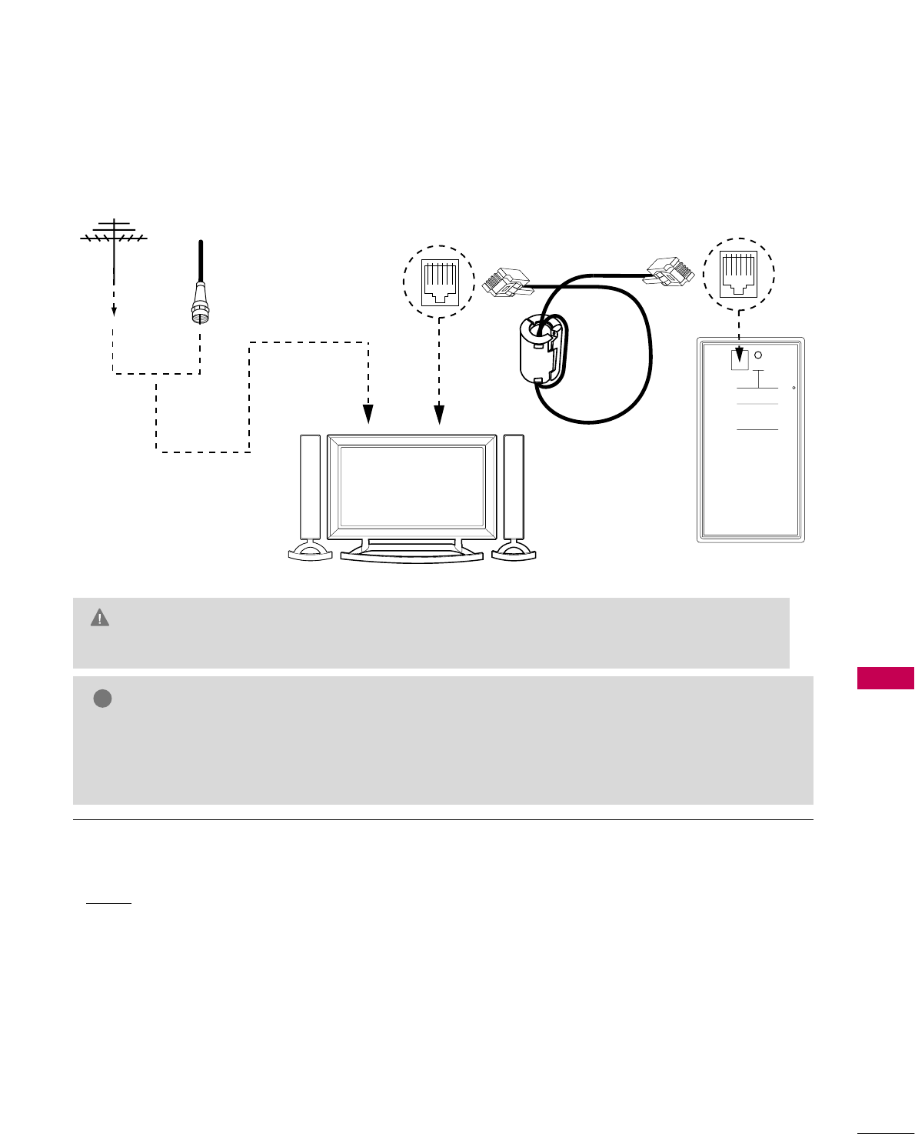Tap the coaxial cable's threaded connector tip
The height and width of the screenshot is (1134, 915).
pyautogui.click(x=199, y=315)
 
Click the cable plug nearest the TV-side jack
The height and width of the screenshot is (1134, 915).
pyautogui.click(x=505, y=282)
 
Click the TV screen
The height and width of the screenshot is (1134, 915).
pyautogui.click(x=411, y=487)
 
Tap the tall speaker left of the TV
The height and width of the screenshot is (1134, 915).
pyautogui.click(x=310, y=488)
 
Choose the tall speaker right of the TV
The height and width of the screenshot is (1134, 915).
pyautogui.click(x=514, y=488)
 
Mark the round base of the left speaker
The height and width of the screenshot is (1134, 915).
pyautogui.click(x=310, y=551)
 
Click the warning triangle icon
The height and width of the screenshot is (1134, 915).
pyautogui.click(x=100, y=618)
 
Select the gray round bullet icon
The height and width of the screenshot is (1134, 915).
pyautogui.click(x=103, y=699)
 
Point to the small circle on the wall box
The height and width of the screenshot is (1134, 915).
pyautogui.click(x=758, y=355)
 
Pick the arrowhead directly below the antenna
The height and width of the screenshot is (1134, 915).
pyautogui.click(x=114, y=310)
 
